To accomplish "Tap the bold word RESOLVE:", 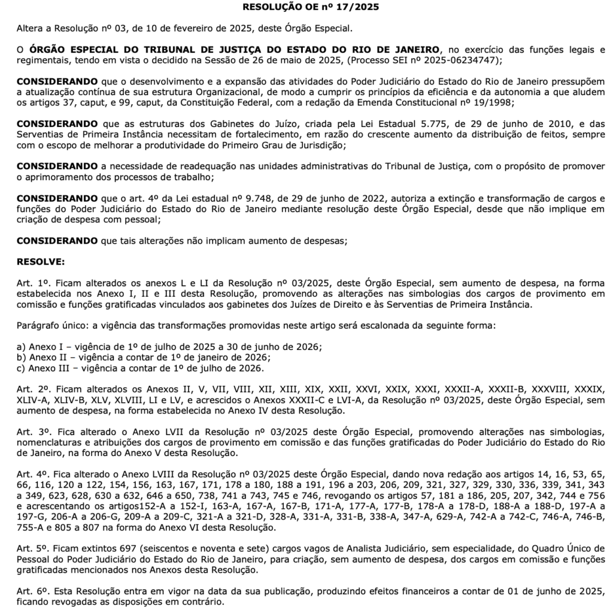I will [41, 262].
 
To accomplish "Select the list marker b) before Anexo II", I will [22, 357].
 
